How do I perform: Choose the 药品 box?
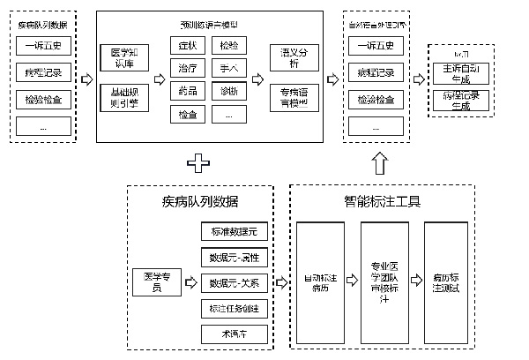[187, 92]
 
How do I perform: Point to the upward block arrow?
[378, 162]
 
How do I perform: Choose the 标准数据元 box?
[233, 233]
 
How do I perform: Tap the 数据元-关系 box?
[233, 283]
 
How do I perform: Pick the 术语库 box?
[233, 334]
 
